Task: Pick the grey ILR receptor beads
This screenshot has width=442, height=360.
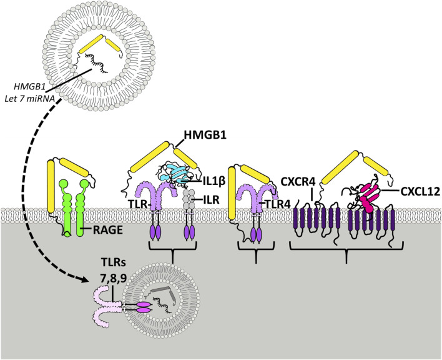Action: coord(187,197)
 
